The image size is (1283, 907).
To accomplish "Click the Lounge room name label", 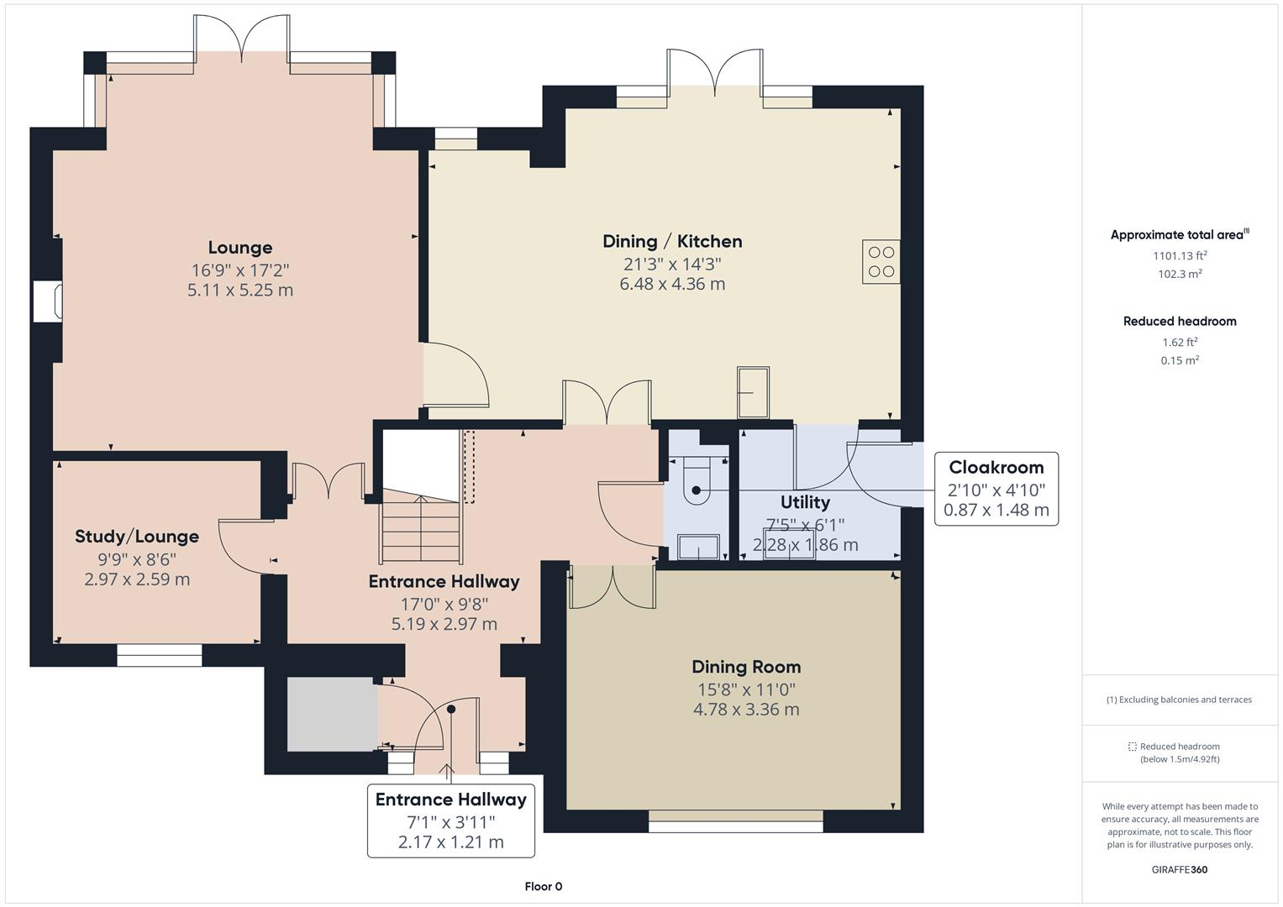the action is coord(240,248).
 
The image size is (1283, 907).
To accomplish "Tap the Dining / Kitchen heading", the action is coord(672,242).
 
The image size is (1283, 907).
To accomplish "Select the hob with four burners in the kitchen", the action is coord(881,262).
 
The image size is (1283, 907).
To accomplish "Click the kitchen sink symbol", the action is coord(753,393).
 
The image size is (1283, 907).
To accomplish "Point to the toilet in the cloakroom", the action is coord(697,481).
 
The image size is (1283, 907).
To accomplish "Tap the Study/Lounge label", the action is coord(137,537).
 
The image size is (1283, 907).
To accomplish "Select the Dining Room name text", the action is coord(746,667).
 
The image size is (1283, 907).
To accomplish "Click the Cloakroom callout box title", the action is coord(996,468).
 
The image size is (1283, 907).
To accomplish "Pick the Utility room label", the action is coord(805,503).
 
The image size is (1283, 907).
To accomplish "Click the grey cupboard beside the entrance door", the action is coord(332,714).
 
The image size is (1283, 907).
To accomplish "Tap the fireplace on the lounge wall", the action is coord(48,301).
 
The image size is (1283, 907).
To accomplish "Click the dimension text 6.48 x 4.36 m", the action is coord(672,284).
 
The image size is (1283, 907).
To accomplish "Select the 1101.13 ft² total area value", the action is coord(1180,256).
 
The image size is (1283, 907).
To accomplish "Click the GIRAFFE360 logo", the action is coord(1180,869).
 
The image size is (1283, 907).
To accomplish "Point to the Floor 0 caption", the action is coord(544,886).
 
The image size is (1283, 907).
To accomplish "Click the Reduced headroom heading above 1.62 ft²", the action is coord(1180,321).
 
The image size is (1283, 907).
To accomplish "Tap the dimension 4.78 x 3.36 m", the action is coord(746,710).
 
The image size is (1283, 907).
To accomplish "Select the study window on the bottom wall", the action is coord(160,656).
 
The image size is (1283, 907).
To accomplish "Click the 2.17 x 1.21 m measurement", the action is coord(450,842).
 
